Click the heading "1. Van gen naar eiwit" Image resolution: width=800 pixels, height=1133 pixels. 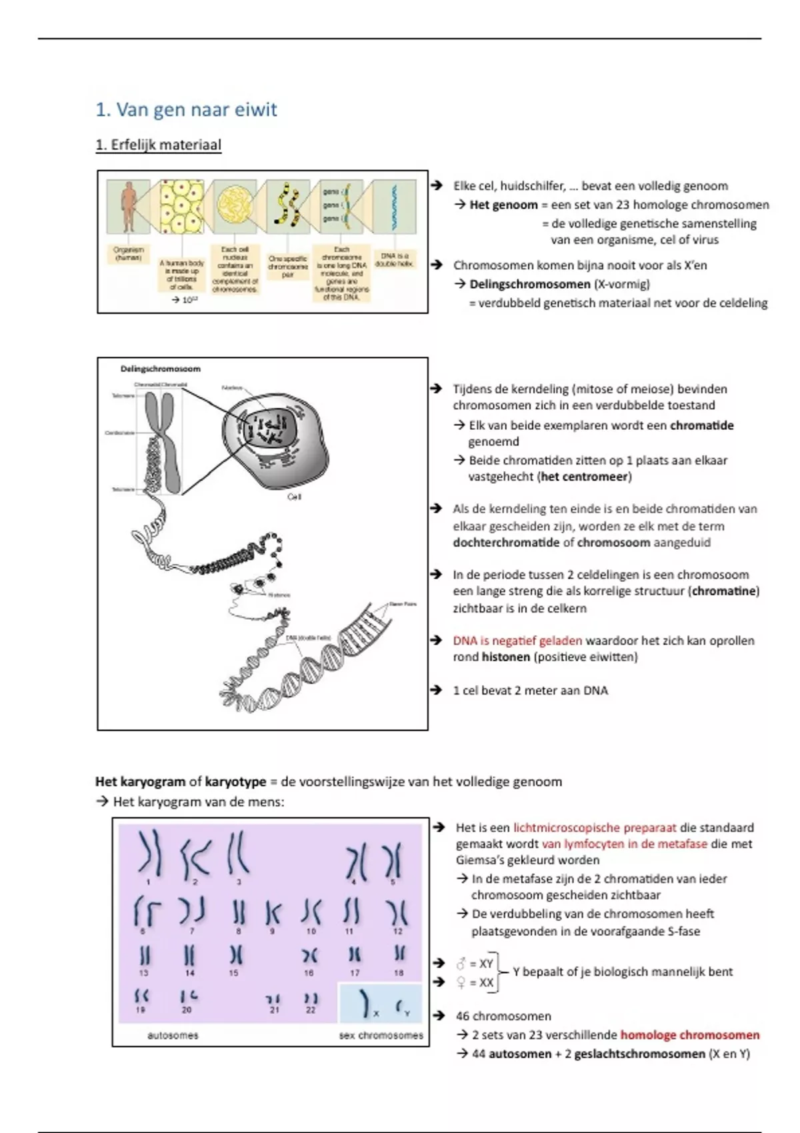click(186, 110)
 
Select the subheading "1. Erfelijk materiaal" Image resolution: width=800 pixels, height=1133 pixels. click(159, 145)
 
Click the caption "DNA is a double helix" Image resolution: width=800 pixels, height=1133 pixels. click(394, 259)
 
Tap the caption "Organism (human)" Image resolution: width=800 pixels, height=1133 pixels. click(127, 254)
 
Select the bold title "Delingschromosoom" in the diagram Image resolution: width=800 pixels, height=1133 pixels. click(160, 369)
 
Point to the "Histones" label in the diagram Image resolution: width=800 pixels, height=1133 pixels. click(279, 595)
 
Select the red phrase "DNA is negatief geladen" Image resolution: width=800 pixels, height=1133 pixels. click(517, 640)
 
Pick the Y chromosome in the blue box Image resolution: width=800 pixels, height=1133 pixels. click(401, 1006)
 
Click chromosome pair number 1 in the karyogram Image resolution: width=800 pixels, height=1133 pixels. click(149, 853)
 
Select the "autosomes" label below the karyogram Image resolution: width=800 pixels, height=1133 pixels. click(173, 1036)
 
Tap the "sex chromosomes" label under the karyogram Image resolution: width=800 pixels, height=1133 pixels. click(381, 1036)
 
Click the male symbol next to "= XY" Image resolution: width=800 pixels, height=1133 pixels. click(461, 964)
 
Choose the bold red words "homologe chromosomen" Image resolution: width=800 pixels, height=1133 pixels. click(689, 1035)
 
